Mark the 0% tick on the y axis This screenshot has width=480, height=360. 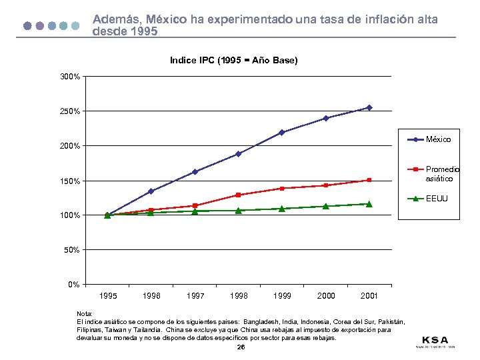[74, 285]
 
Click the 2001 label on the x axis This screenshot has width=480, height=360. [369, 295]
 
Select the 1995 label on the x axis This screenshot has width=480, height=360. [107, 295]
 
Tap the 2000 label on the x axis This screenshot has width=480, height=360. [325, 295]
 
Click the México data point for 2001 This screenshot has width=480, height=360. [369, 107]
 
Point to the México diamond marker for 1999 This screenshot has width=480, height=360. [282, 132]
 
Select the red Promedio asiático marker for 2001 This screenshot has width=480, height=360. [369, 180]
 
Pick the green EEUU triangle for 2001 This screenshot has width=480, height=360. [369, 204]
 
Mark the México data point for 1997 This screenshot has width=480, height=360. [195, 171]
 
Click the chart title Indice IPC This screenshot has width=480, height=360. [233, 61]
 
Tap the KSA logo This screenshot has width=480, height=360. [435, 341]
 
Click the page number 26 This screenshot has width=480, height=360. [241, 347]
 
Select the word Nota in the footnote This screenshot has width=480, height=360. [85, 313]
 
